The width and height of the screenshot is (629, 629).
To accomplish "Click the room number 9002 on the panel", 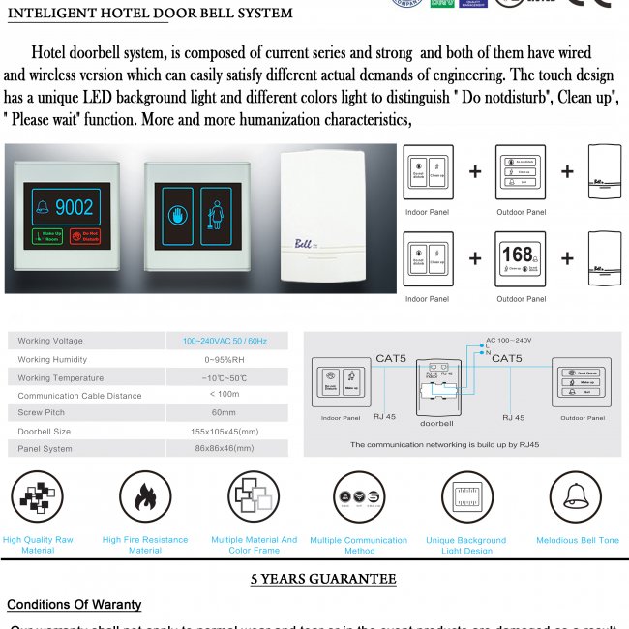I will click(75, 206).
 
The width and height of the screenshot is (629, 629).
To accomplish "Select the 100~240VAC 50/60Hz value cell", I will click(225, 341).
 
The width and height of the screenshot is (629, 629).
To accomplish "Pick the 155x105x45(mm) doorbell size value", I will click(225, 431).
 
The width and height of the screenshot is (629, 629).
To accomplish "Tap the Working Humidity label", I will click(53, 359).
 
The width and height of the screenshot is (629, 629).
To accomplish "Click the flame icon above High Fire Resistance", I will click(145, 497).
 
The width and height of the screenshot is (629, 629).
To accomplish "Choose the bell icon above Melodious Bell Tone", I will click(577, 497).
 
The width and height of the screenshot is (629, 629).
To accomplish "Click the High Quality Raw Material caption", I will click(38, 545).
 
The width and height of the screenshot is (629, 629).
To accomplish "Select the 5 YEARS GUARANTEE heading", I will click(323, 579).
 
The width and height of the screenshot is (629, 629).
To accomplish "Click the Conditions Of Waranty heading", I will click(75, 605).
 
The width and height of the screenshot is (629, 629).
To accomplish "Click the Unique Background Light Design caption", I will click(466, 546).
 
